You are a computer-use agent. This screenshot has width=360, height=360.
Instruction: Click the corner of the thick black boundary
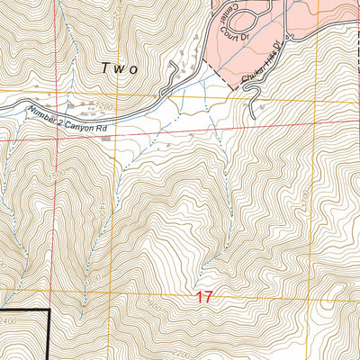47,310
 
